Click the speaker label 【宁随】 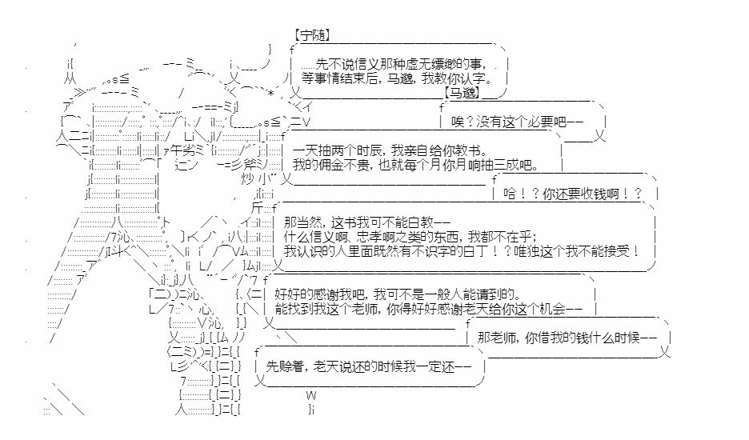click(x=313, y=35)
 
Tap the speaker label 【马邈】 click(x=463, y=93)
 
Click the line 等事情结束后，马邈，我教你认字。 click(x=398, y=78)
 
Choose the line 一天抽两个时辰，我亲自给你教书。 click(x=391, y=151)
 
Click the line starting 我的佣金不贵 click(x=415, y=166)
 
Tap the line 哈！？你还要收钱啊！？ click(x=573, y=194)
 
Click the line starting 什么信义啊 click(x=410, y=237)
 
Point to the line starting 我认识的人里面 click(x=462, y=251)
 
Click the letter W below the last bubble click(x=311, y=395)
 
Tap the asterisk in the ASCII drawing click(x=270, y=93)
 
